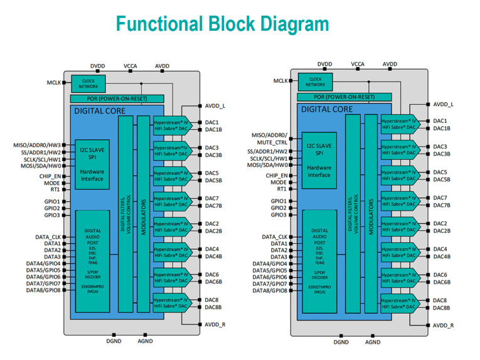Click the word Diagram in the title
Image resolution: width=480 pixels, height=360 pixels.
click(291, 24)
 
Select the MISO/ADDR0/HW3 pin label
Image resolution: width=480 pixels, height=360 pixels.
click(37, 145)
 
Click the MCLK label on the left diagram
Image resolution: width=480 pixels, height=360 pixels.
click(54, 82)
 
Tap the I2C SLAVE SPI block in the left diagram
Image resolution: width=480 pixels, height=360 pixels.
click(92, 153)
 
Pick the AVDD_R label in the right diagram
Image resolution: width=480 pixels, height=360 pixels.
click(443, 326)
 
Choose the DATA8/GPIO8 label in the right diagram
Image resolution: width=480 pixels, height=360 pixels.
click(269, 290)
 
